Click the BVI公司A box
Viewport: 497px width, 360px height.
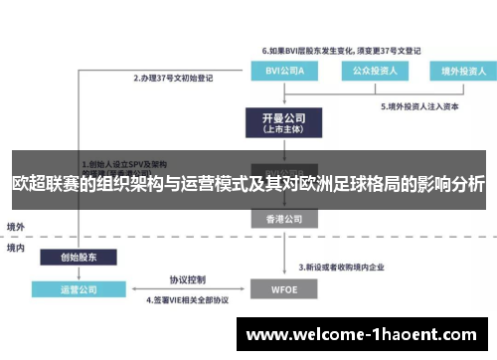point(287,72)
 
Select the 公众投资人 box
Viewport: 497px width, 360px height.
point(373,72)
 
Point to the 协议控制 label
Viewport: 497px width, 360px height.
point(186,279)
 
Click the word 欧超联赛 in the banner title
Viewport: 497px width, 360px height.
point(46,184)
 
